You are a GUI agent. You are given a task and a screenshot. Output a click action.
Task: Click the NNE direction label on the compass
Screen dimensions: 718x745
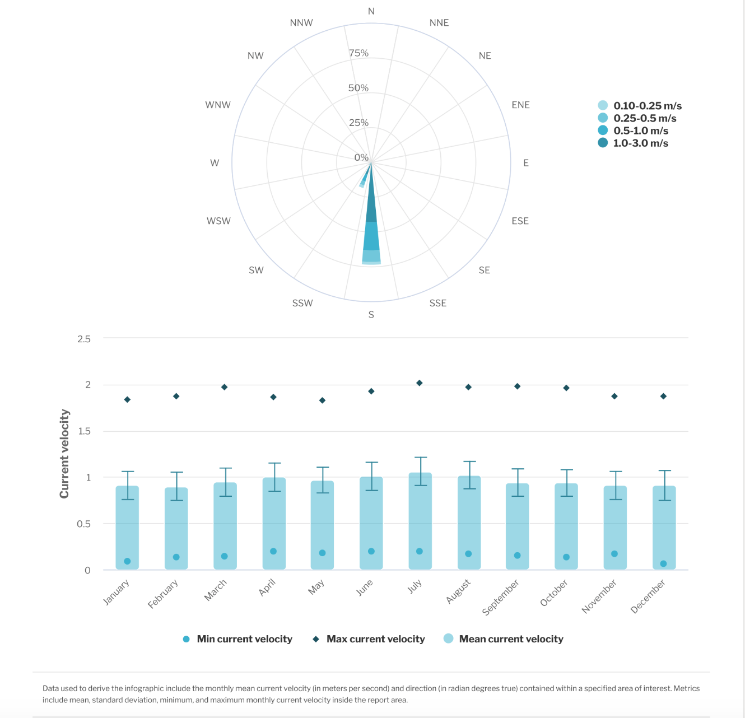point(439,23)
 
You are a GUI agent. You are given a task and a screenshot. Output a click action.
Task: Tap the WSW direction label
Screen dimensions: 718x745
point(218,221)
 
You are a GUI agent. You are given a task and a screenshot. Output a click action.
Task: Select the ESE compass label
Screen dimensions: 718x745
point(520,221)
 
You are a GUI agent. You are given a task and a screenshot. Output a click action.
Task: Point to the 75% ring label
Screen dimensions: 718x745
point(358,53)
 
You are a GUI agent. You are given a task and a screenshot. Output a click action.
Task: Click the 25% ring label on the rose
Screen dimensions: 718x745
point(358,123)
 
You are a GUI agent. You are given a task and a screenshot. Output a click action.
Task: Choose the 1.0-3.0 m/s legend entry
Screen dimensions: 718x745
point(640,143)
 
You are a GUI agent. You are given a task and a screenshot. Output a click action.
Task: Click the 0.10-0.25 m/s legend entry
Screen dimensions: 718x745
point(647,106)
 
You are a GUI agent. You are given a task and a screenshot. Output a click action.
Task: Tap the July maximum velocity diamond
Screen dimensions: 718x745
point(420,383)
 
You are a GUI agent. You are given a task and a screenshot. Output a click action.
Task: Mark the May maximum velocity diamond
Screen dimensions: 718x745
point(322,400)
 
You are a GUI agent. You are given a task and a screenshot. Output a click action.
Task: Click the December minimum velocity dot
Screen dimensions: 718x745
point(663,563)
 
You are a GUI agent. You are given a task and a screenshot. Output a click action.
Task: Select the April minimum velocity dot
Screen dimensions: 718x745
point(273,551)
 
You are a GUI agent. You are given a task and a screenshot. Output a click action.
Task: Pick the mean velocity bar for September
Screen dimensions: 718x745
point(517,526)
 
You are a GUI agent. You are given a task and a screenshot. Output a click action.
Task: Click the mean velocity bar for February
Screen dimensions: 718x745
point(176,529)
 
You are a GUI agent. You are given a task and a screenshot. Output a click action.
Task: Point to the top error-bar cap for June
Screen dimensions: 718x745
point(371,463)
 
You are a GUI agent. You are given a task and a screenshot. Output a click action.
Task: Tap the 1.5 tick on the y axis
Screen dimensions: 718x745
point(84,431)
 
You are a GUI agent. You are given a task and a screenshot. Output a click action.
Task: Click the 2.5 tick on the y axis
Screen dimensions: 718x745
point(84,339)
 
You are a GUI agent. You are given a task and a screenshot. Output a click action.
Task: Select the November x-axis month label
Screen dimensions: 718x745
point(599,596)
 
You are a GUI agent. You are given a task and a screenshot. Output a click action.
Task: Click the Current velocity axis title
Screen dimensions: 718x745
point(64,454)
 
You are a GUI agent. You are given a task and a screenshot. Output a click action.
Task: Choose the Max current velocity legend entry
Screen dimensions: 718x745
point(375,639)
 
